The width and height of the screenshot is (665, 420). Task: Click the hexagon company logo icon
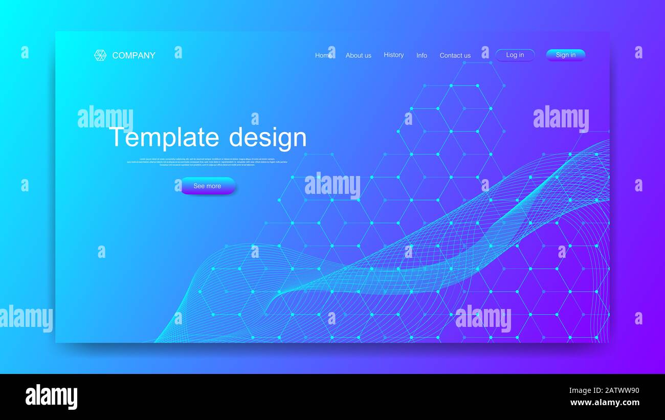click(x=100, y=55)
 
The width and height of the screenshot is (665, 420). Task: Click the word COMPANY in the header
click(x=134, y=55)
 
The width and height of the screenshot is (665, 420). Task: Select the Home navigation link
click(x=323, y=55)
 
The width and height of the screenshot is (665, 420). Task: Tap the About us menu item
click(x=358, y=55)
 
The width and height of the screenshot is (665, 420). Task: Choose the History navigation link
click(x=393, y=55)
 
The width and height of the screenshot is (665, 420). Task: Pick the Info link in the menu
click(x=422, y=55)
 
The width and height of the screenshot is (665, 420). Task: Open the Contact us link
click(x=455, y=55)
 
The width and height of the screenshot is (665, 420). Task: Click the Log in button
click(x=515, y=55)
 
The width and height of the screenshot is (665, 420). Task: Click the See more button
click(x=207, y=186)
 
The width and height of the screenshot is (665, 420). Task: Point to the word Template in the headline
click(x=164, y=137)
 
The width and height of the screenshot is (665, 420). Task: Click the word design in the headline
click(x=268, y=137)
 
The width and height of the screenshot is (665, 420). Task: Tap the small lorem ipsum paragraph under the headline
click(x=207, y=162)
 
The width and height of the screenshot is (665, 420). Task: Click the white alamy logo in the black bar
click(x=51, y=397)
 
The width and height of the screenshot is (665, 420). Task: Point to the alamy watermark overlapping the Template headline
click(x=105, y=117)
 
